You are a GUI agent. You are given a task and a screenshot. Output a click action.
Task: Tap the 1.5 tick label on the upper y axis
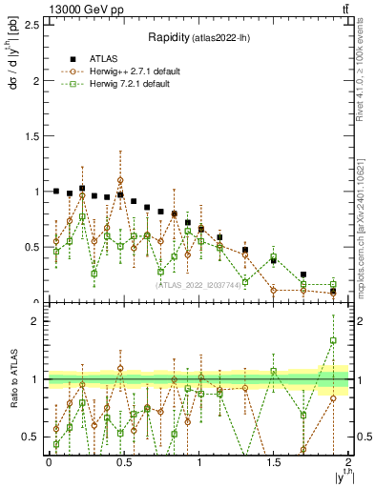click(33, 136)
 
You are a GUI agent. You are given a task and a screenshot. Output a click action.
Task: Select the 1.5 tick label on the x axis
click(273, 462)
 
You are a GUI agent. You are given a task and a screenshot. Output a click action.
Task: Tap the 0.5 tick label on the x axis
click(123, 462)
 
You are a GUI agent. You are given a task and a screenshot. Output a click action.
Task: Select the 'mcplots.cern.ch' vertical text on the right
click(365, 229)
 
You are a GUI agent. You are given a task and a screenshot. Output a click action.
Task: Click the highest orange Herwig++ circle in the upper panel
click(120, 179)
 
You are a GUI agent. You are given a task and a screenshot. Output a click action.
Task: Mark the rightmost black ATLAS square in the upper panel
click(333, 290)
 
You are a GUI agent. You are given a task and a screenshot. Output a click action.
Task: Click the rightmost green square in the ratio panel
click(333, 340)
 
